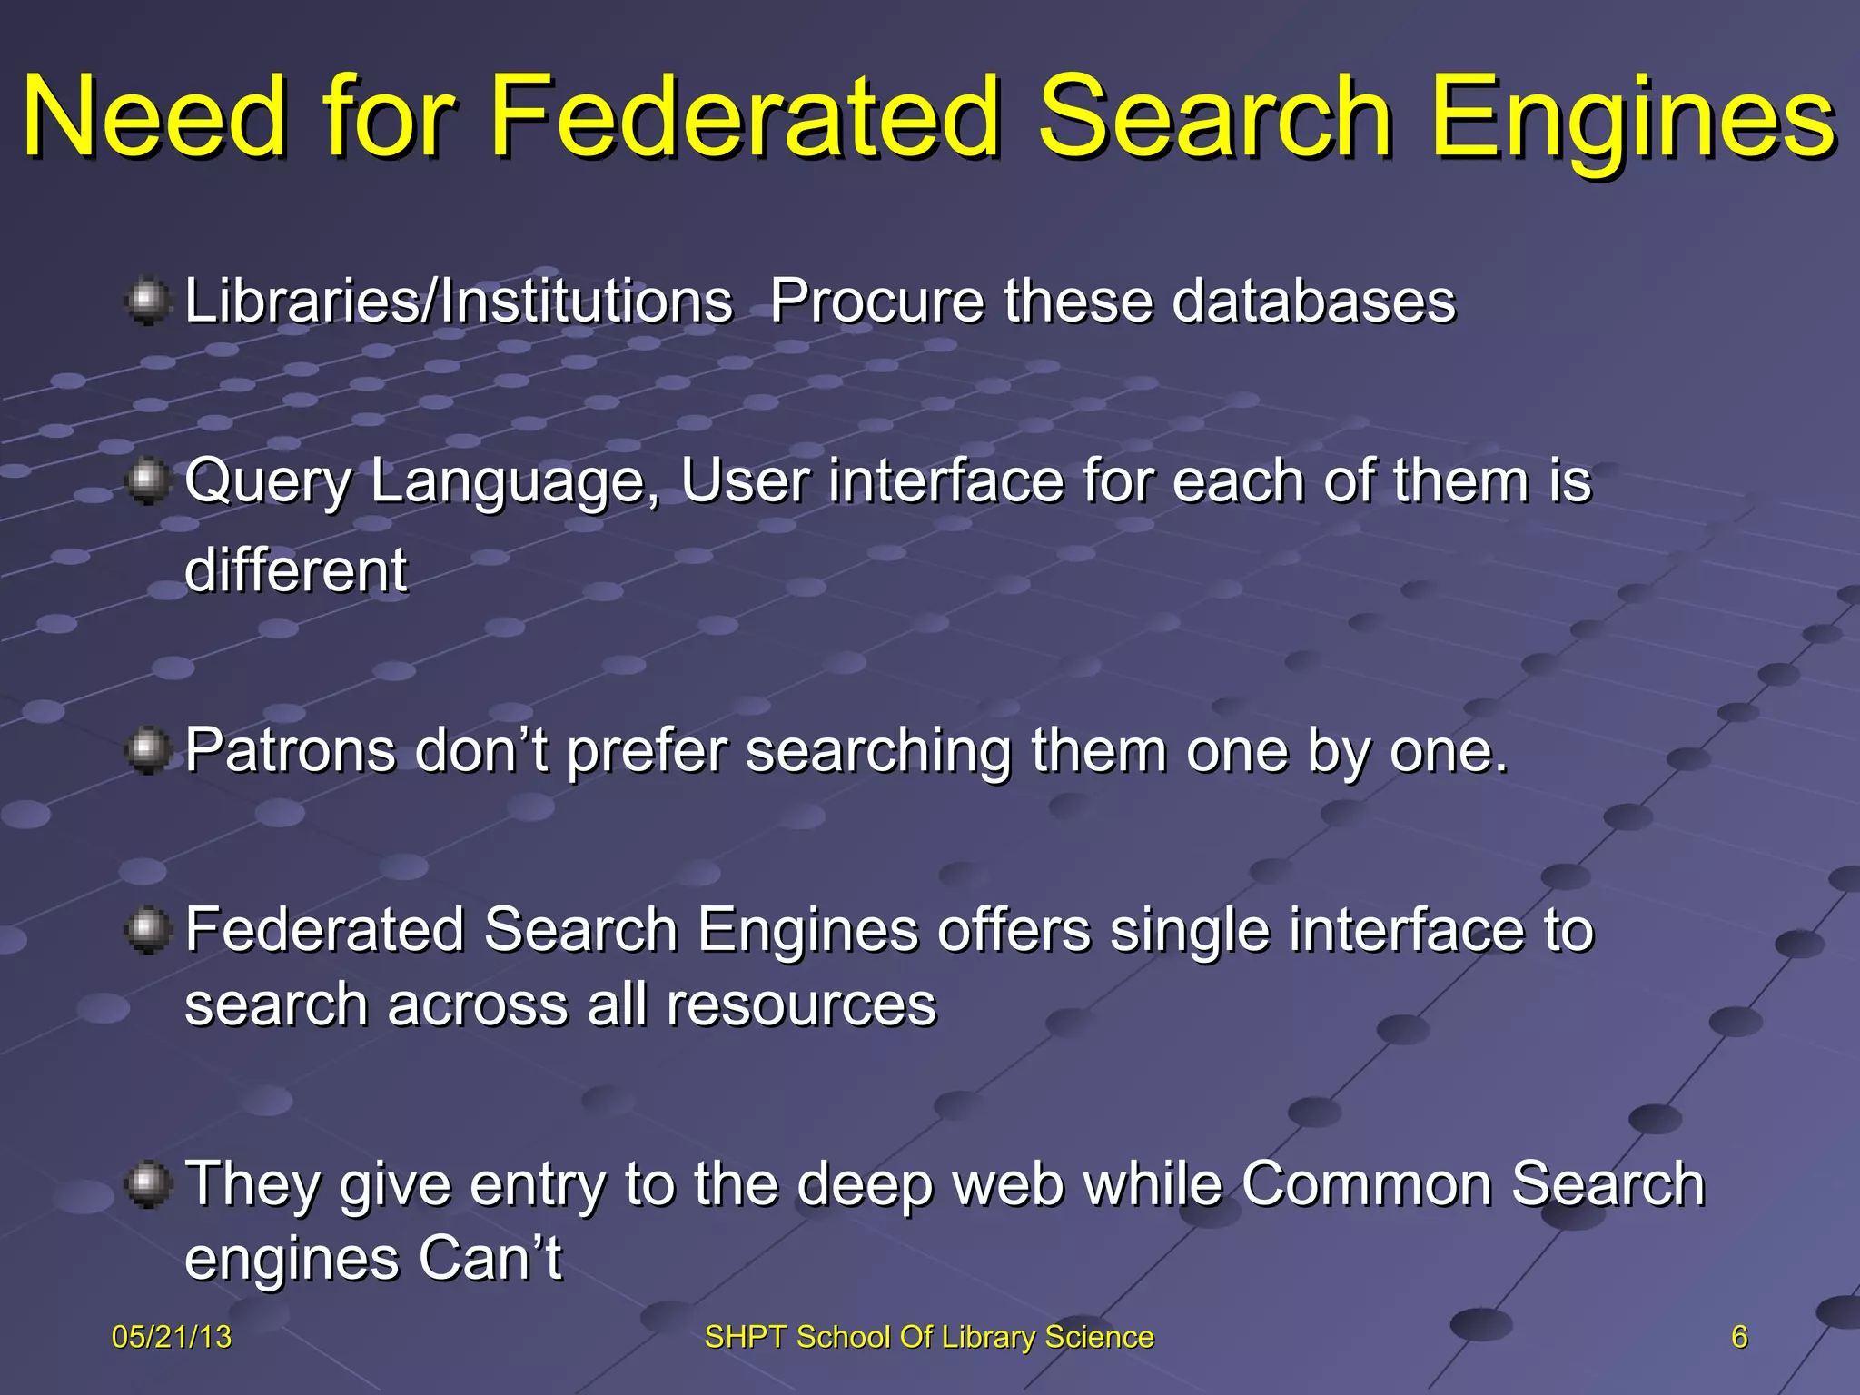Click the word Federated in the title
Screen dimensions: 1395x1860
point(745,118)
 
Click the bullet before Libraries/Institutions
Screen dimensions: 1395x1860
point(146,302)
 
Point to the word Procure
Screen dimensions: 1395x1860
point(877,302)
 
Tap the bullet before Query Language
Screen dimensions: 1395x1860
point(146,480)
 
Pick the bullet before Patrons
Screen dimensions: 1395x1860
point(146,750)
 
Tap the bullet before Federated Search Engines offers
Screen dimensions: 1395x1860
point(146,930)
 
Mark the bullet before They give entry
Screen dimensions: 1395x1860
point(146,1184)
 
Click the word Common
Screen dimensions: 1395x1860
point(1368,1184)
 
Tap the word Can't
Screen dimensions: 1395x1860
point(490,1259)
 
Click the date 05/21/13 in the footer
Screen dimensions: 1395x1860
point(172,1337)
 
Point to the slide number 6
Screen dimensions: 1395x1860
point(1739,1337)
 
